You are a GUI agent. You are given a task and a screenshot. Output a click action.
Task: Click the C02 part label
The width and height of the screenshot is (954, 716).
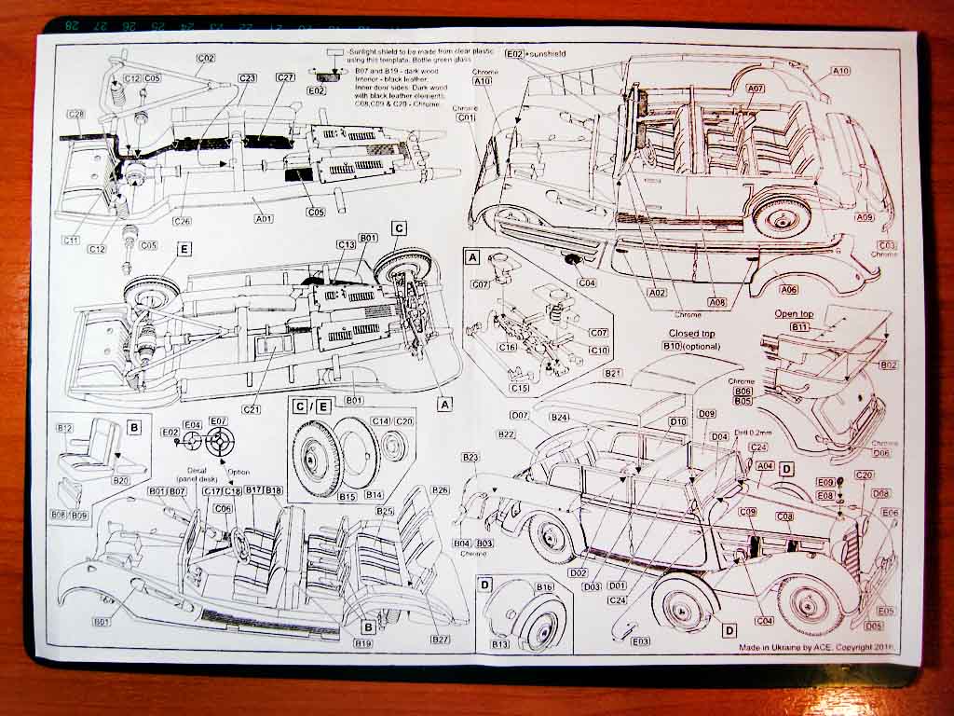click(206, 58)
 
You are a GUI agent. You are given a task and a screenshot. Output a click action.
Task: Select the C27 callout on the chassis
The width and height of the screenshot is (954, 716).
click(285, 77)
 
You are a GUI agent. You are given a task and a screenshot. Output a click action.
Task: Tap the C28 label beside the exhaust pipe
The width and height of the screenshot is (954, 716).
click(75, 114)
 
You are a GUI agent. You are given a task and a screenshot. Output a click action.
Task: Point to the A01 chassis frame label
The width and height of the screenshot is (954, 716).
click(264, 218)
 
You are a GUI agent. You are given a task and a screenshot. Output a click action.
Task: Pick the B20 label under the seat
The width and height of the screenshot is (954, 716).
click(120, 480)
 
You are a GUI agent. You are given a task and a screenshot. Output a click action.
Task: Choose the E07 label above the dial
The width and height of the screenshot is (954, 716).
click(218, 421)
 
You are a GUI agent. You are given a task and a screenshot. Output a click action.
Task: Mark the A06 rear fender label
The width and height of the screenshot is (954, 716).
click(788, 290)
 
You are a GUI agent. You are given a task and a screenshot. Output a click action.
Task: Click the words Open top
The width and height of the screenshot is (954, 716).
click(794, 314)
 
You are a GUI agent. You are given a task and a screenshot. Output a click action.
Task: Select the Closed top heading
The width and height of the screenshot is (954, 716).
click(691, 333)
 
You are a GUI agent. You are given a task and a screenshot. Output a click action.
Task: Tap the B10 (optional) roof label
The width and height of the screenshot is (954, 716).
click(686, 346)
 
